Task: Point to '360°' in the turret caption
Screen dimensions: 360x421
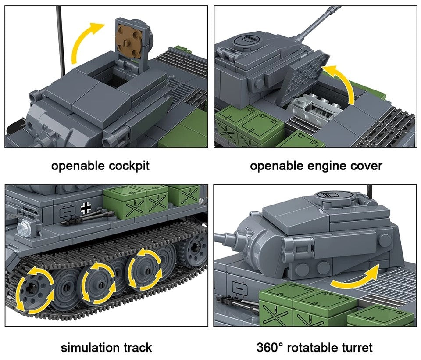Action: coord(271,348)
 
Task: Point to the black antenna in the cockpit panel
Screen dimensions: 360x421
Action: coord(61,40)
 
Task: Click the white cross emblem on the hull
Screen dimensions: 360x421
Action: coord(86,209)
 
